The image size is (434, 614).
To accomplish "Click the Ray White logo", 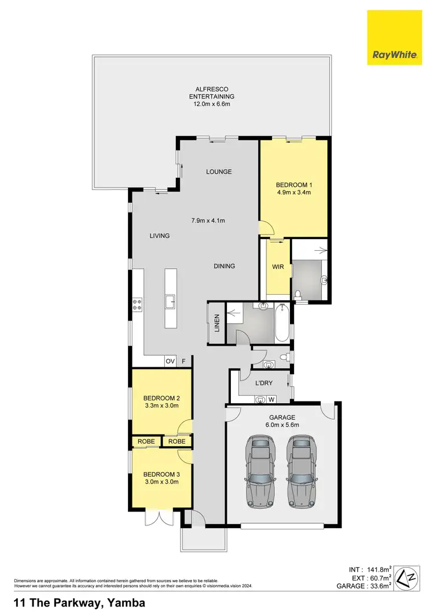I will tap(399, 39).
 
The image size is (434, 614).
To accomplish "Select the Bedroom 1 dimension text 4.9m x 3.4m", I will tap(294, 192).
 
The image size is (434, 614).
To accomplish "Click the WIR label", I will tap(277, 267).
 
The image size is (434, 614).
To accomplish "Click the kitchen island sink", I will tap(170, 301).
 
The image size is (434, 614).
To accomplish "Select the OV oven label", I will tap(170, 361).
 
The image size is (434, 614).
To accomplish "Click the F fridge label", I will tap(184, 361).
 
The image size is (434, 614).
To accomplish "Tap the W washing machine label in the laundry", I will tap(271, 399).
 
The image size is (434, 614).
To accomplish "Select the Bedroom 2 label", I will tap(162, 398).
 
